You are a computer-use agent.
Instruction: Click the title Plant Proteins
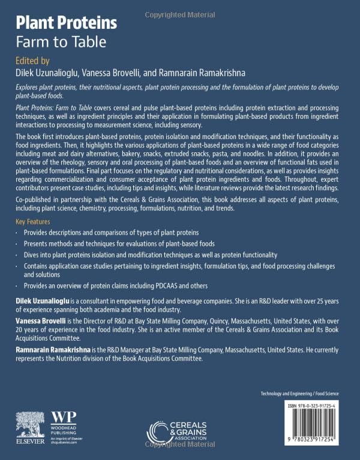[x=66, y=23]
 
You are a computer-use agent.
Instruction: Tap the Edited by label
[x=32, y=61]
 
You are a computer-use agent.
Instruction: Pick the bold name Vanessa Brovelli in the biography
[x=41, y=321]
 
